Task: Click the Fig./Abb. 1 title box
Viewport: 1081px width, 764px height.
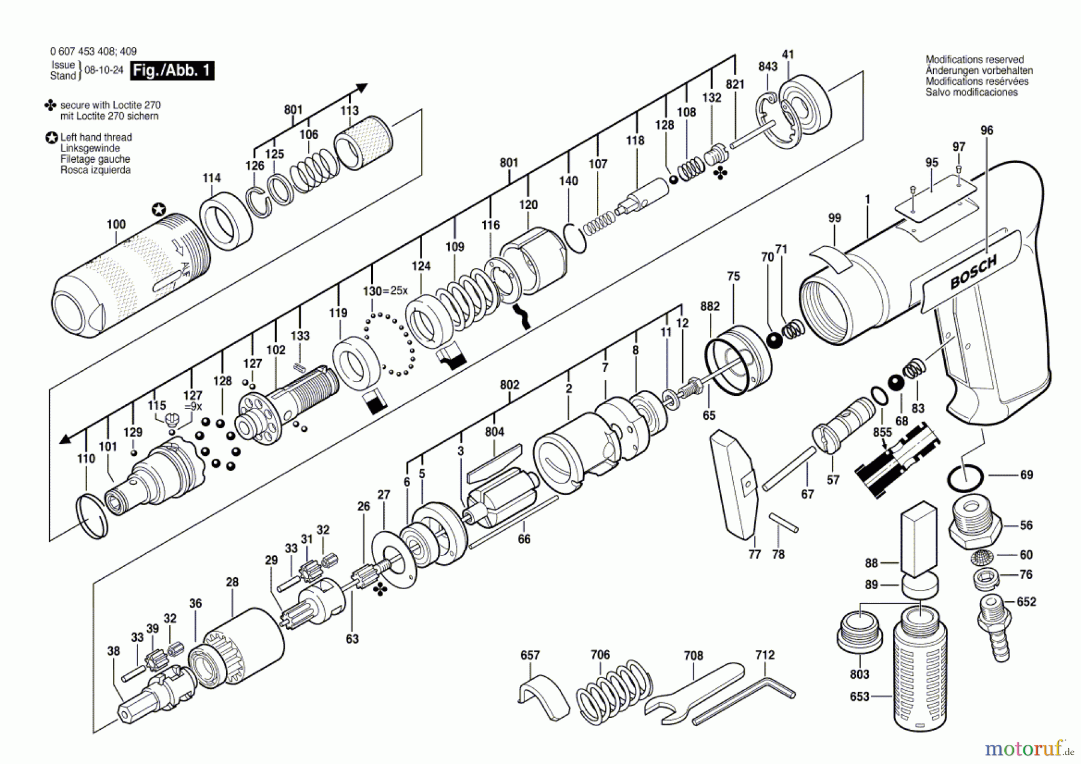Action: pyautogui.click(x=172, y=71)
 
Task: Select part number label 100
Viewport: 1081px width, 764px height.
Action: pyautogui.click(x=116, y=225)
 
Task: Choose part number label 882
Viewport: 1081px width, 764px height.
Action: pyautogui.click(x=710, y=306)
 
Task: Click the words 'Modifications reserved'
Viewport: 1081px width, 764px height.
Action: pyautogui.click(x=974, y=59)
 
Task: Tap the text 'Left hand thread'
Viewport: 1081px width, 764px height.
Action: pyautogui.click(x=96, y=137)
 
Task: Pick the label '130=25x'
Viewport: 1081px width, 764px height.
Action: pyautogui.click(x=385, y=291)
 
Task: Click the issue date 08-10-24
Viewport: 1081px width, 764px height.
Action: pyautogui.click(x=104, y=70)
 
